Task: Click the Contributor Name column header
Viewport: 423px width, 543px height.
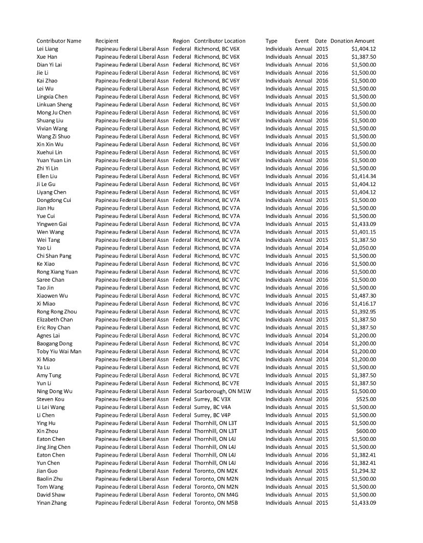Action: point(59,41)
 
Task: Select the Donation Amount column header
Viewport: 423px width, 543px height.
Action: point(352,41)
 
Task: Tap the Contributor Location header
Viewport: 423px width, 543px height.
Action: point(220,41)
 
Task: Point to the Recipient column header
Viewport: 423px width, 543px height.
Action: point(107,41)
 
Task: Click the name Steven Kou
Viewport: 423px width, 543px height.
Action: point(51,399)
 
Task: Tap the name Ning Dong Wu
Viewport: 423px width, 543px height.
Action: point(55,391)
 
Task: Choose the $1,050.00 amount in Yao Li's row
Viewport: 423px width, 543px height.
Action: point(364,248)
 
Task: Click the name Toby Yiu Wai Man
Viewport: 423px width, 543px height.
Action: point(59,351)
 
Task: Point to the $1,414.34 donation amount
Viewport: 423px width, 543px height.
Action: point(364,176)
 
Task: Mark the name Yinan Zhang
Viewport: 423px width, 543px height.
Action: point(52,503)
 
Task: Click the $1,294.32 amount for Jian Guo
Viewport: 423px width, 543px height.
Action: point(364,471)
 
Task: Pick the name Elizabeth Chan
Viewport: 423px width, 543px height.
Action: point(55,320)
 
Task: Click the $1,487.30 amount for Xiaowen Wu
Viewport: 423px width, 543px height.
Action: point(364,296)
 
